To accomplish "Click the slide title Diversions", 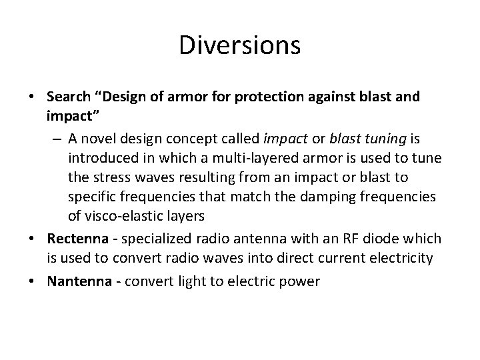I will [240, 45].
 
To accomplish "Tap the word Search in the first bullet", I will [70, 97].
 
